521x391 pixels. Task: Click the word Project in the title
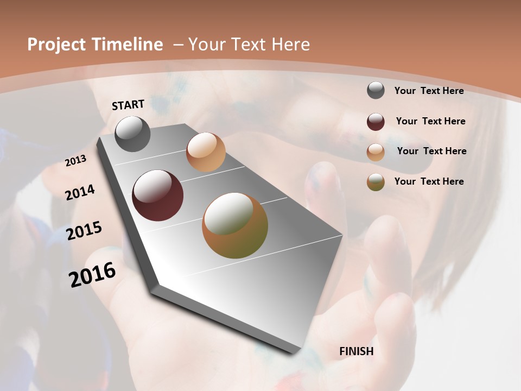click(56, 45)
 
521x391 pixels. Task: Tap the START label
click(128, 105)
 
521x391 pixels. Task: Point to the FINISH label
click(357, 351)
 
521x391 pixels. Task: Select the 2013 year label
click(75, 161)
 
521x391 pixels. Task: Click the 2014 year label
click(80, 192)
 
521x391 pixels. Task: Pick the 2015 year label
click(84, 230)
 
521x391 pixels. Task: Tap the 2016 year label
click(92, 274)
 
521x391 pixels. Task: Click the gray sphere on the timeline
click(132, 134)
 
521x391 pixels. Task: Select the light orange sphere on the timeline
click(206, 152)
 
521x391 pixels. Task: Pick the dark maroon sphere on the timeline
click(158, 195)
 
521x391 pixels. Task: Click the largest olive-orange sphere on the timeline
click(235, 225)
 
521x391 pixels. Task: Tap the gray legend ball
click(376, 91)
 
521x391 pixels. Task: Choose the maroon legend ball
click(376, 122)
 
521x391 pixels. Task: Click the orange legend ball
click(376, 152)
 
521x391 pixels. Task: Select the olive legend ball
click(376, 182)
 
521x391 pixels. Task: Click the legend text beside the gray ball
click(429, 91)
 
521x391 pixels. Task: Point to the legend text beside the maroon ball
click(430, 121)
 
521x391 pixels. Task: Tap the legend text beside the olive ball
click(429, 181)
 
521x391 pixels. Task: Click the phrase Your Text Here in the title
click(249, 45)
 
